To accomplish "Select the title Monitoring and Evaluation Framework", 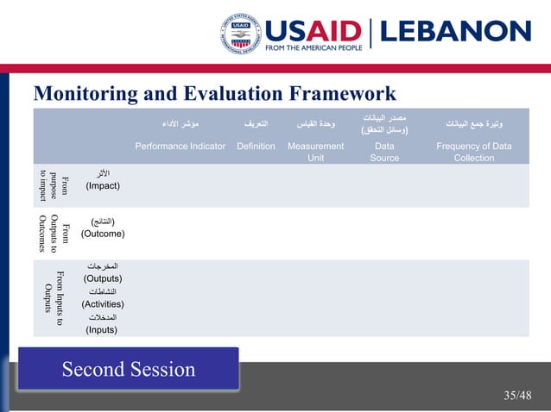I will coord(214,93).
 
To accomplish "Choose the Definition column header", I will coord(256,147).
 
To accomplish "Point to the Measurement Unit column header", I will coord(315,152).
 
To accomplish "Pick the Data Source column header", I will coord(384,152).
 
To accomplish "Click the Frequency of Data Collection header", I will coord(474,152).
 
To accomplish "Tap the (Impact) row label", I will coord(102,185).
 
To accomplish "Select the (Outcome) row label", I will coord(102,234).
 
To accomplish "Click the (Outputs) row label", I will coord(102,278).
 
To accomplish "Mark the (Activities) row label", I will coord(102,303).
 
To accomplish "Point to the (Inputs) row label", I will coord(102,329).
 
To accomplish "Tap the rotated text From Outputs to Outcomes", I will coord(54,233).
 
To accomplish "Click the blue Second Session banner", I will coord(128,370).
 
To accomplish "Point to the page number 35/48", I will coord(518,396).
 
